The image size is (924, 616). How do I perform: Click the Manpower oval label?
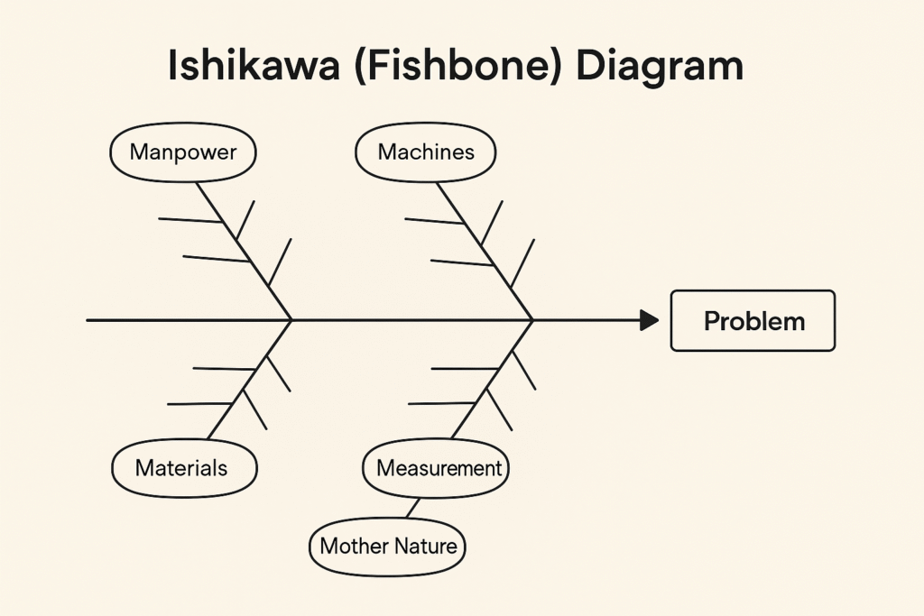click(183, 152)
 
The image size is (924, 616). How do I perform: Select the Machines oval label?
click(426, 152)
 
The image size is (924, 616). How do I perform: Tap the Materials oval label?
click(183, 468)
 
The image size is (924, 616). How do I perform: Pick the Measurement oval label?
click(438, 469)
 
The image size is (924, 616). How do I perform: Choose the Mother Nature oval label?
click(388, 546)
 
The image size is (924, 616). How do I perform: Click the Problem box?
click(753, 320)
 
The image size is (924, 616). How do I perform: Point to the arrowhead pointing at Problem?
click(649, 320)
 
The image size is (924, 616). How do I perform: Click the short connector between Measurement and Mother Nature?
click(412, 508)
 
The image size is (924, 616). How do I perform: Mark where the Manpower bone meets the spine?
click(291, 319)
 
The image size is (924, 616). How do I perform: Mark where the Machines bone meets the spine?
click(532, 319)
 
